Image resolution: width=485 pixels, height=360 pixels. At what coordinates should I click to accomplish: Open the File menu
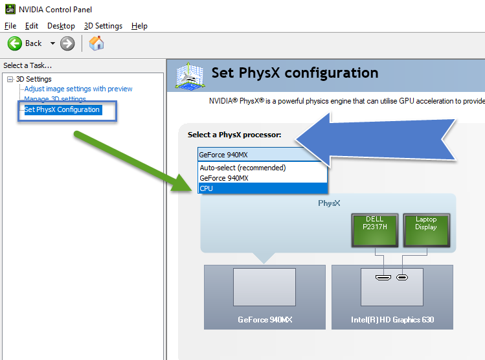coord(10,26)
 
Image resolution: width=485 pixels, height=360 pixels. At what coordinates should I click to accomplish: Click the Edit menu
coord(32,26)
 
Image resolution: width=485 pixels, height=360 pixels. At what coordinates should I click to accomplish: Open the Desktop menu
coord(61,26)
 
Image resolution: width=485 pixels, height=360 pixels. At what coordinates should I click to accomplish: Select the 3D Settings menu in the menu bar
coord(103,26)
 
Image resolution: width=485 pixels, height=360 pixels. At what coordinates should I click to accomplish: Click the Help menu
coord(139,26)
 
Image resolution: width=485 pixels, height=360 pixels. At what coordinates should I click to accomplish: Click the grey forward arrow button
coord(67,43)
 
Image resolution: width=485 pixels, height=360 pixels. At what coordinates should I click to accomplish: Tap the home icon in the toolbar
coord(96,43)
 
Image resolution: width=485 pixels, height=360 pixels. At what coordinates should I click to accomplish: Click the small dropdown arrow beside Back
coord(52,43)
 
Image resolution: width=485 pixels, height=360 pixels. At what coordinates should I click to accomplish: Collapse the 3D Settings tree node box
coord(10,79)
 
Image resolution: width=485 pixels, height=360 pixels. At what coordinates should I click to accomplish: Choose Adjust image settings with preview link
coord(78,89)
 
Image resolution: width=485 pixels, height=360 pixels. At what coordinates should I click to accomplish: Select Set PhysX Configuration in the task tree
coord(62,109)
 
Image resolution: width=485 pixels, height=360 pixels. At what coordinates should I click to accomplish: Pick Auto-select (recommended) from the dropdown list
coord(243,168)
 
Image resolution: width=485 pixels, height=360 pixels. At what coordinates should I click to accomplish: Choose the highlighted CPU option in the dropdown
coord(262,188)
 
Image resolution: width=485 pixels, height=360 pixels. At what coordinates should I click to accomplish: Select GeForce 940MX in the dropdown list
coord(224,178)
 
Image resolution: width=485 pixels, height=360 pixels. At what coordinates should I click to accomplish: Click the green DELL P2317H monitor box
coord(375,230)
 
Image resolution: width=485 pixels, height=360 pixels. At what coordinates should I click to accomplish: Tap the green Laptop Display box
coord(426,230)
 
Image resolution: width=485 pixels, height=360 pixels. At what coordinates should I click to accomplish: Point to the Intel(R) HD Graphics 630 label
coord(392,320)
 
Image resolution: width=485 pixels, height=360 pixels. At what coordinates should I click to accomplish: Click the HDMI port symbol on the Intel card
coord(383,277)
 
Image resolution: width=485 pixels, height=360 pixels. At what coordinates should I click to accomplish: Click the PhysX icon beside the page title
coord(189,76)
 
